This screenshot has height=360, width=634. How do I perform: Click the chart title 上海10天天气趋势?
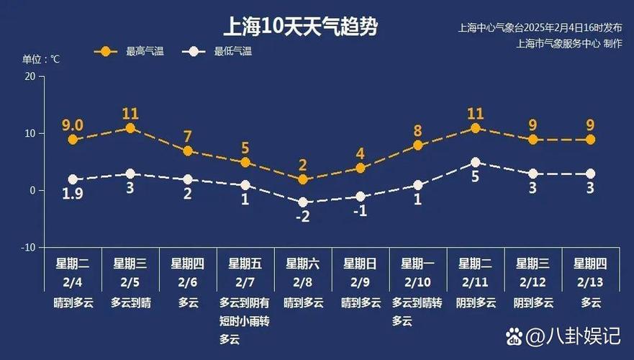coord(301,27)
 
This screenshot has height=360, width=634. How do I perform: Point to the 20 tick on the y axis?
coord(30,76)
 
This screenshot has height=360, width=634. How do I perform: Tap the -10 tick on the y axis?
coord(27,248)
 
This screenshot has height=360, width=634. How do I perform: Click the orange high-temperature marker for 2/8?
coord(303,179)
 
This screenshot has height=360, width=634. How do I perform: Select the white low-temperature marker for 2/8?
coord(303,202)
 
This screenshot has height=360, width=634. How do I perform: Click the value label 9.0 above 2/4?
coord(72,125)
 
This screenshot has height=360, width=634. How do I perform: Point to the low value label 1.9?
coord(72,193)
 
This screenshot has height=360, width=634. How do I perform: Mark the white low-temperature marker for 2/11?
coord(476,163)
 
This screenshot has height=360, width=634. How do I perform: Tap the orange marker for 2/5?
coord(130,128)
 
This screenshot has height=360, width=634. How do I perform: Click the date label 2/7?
coord(245,282)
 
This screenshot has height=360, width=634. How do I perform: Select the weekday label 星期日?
coord(360,264)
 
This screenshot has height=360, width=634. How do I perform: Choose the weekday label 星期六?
coord(303,264)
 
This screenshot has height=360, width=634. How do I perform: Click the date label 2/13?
coord(590,282)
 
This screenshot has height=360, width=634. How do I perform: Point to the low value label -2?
coord(303,217)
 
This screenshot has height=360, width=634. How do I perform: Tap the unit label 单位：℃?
coord(41,60)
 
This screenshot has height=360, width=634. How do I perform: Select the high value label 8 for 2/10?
coord(417,131)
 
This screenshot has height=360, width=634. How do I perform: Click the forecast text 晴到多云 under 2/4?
coord(72,302)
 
